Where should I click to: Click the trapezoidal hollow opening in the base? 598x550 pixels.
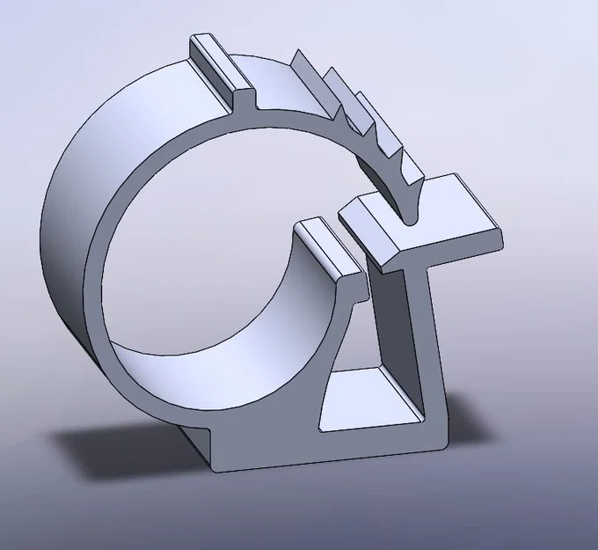[x=369, y=400]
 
